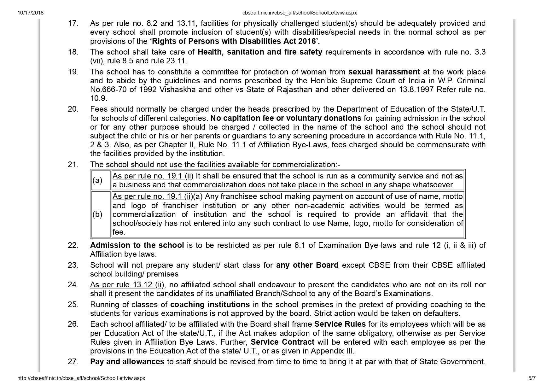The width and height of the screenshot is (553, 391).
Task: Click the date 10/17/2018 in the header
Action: coord(31,13)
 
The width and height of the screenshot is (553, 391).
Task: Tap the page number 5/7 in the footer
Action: coord(532,378)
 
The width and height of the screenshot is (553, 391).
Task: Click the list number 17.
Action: coord(73,23)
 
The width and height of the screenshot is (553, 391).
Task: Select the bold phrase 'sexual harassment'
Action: coord(384,72)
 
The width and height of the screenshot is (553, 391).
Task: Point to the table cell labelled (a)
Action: coord(97,180)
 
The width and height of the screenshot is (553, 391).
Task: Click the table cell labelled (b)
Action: coord(97,214)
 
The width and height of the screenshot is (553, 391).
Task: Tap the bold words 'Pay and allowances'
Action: coord(127,362)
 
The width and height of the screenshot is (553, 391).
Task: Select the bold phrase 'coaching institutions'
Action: coord(210,305)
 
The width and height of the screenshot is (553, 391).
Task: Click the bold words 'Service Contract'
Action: coord(282,342)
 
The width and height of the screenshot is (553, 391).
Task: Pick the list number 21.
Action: coord(73,165)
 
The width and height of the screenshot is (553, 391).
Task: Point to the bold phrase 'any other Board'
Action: coord(307,265)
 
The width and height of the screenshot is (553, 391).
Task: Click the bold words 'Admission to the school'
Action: coord(137,245)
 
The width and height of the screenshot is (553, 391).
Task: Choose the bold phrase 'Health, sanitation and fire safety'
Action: coord(260,52)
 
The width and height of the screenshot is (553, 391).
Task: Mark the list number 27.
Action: coord(73,362)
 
